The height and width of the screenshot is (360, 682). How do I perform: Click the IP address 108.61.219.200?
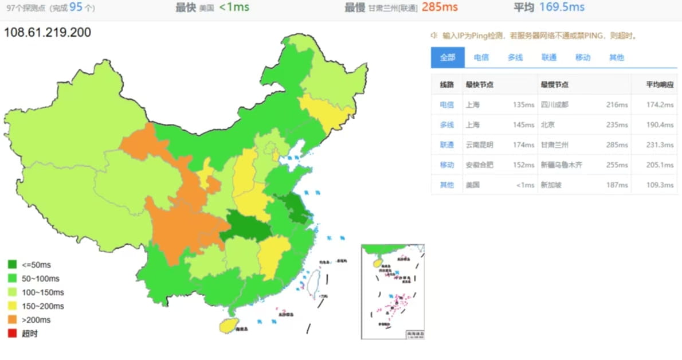pyautogui.click(x=48, y=33)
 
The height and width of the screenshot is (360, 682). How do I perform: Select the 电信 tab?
pyautogui.click(x=481, y=57)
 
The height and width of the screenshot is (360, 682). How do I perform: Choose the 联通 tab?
pyautogui.click(x=549, y=57)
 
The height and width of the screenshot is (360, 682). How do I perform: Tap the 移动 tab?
pyautogui.click(x=583, y=57)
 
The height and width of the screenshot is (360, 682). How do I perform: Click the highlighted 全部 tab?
pyautogui.click(x=447, y=57)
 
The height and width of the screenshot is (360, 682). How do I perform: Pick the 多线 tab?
pyautogui.click(x=515, y=57)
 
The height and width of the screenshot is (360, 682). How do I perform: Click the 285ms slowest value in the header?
pyautogui.click(x=440, y=7)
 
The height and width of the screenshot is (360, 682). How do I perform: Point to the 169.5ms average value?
pyautogui.click(x=562, y=7)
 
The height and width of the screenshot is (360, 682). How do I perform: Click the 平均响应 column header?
pyautogui.click(x=661, y=84)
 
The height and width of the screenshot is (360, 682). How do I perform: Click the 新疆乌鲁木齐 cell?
pyautogui.click(x=562, y=165)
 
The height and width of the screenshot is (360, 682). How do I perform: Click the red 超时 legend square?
pyautogui.click(x=12, y=334)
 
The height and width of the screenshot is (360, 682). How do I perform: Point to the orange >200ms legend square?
pyautogui.click(x=12, y=320)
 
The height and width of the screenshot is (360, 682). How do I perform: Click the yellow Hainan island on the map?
pyautogui.click(x=229, y=325)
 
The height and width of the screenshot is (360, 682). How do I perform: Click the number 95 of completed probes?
pyautogui.click(x=76, y=7)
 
